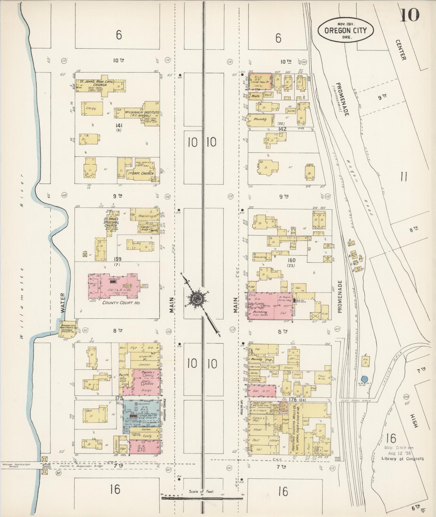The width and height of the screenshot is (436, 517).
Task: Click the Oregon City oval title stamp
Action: pyautogui.click(x=345, y=30)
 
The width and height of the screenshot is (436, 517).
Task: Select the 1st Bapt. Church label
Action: pyautogui.click(x=140, y=173)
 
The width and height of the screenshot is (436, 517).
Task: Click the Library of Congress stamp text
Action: pyautogui.click(x=402, y=458)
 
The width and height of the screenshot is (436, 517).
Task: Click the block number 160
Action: pyautogui.click(x=291, y=260)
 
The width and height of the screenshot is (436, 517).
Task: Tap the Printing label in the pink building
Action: pyautogui.click(x=259, y=312)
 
